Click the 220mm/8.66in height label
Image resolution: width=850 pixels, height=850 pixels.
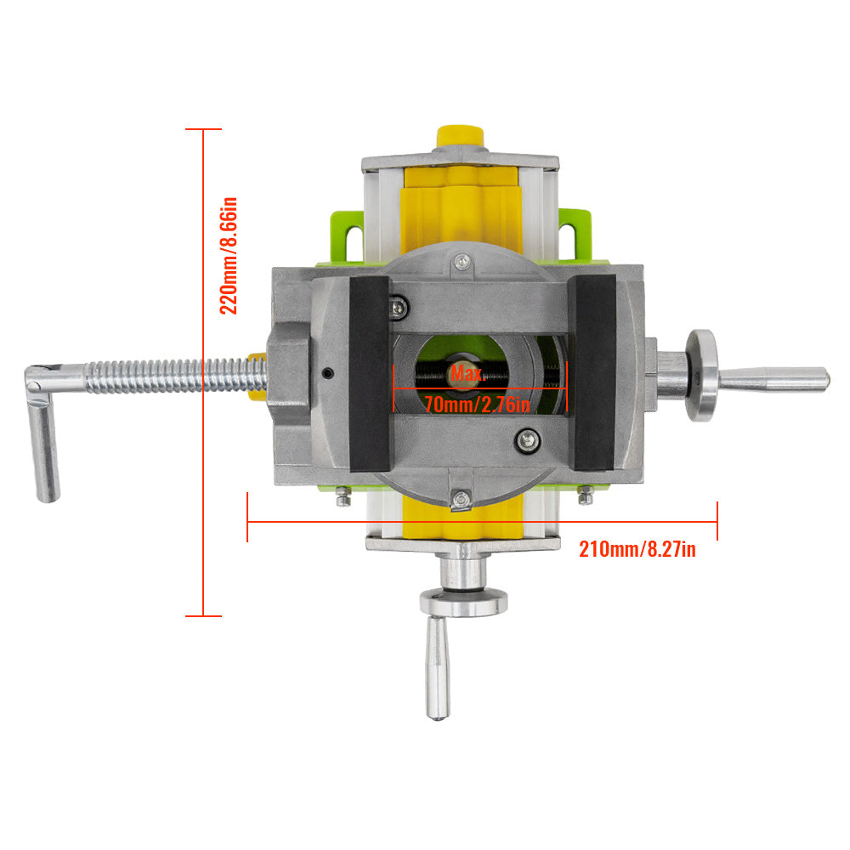tap(229, 256)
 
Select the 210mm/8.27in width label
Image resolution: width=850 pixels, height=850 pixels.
tap(637, 549)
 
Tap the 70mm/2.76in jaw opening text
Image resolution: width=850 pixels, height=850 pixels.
tap(477, 405)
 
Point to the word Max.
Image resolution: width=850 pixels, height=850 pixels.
tap(467, 373)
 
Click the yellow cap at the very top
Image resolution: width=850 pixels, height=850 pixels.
tap(459, 136)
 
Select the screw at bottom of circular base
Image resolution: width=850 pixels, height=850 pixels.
tap(460, 500)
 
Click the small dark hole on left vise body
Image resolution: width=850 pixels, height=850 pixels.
tap(327, 371)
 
